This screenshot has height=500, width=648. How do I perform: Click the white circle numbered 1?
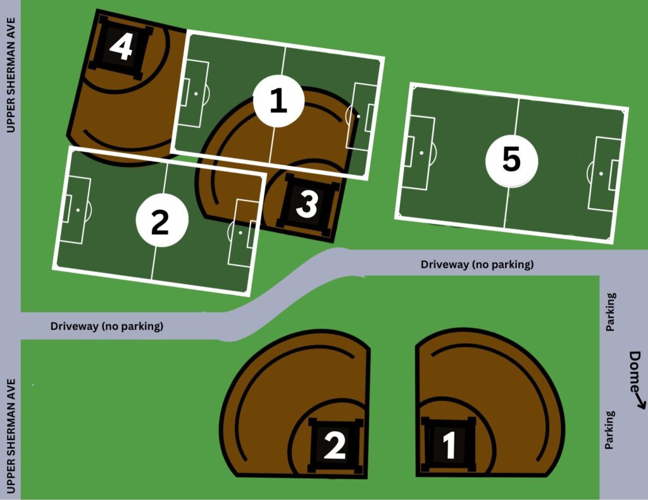tap(278, 101)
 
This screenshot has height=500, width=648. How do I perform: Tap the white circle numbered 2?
tap(162, 221)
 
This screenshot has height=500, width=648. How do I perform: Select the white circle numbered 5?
tap(511, 161)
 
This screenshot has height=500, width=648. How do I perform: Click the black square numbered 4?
tap(120, 47)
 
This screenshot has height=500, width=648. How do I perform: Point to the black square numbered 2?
tap(335, 445)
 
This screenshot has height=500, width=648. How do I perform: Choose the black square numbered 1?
tap(449, 444)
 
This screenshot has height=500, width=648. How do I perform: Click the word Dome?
tap(635, 372)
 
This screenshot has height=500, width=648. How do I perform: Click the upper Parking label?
tap(611, 312)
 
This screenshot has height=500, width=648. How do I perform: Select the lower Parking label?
tap(609, 430)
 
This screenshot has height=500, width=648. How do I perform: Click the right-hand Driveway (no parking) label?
tap(477, 264)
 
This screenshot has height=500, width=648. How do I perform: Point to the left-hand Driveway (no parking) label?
tap(106, 326)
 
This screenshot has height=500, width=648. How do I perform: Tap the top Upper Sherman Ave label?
tap(10, 75)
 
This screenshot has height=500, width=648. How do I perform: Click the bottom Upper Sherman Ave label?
tap(10, 436)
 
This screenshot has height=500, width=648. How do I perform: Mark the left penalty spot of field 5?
tap(421, 153)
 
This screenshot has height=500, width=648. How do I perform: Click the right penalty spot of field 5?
tap(601, 173)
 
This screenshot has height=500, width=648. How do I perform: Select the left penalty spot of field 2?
tap(78, 210)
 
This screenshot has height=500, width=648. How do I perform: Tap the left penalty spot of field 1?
tap(196, 94)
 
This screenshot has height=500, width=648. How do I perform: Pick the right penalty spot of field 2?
tap(240, 233)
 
